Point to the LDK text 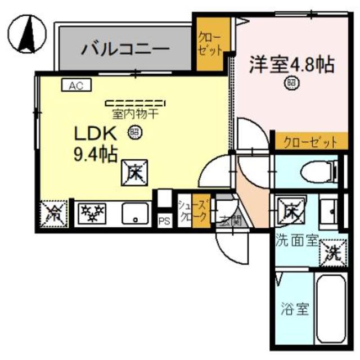[96, 134]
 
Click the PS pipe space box [164, 220]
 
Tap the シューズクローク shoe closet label [187, 212]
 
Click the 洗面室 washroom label [297, 241]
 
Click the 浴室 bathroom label [294, 309]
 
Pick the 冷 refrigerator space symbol [55, 213]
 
